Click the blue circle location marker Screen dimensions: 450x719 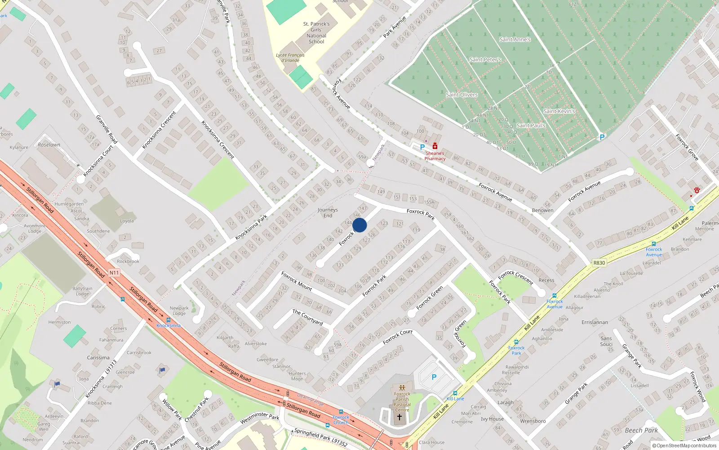pos(359,225)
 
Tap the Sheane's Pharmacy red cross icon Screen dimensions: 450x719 pos(435,146)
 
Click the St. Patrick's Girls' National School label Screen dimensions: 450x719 pos(316,33)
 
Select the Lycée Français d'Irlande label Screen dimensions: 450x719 pos(290,58)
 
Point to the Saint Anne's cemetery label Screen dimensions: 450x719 pos(515,40)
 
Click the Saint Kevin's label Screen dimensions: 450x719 pos(559,111)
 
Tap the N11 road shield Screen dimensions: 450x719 pos(114,273)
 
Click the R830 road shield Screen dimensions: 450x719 pos(599,263)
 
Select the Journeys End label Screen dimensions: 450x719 pos(328,213)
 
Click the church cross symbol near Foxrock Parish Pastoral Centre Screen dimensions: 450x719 pos(399,417)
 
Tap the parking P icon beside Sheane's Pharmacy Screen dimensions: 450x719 pos(422,147)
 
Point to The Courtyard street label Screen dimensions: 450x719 pos(308,317)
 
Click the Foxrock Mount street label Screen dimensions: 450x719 pos(297,281)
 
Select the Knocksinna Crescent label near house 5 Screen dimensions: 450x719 pos(159,130)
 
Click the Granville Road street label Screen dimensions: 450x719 pos(107,130)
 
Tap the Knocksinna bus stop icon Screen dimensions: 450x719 pos(169,320)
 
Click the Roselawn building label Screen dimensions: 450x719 pos(49,145)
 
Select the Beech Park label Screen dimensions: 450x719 pos(641,431)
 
